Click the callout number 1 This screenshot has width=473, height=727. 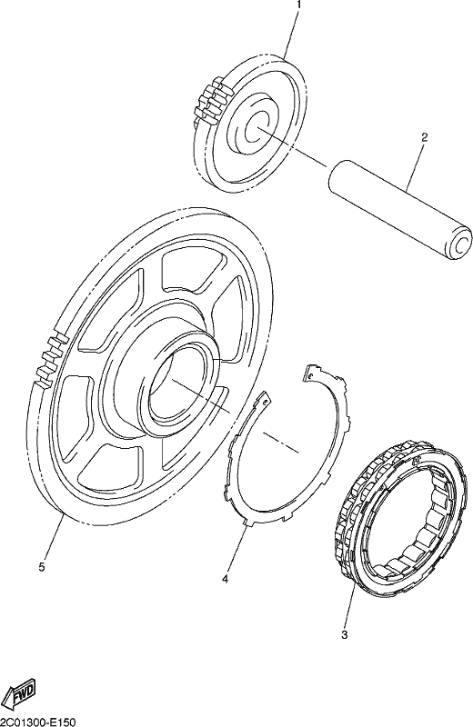tap(298, 5)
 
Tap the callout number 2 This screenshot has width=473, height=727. tap(424, 137)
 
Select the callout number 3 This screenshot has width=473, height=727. tap(344, 634)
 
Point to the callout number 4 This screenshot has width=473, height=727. tap(225, 579)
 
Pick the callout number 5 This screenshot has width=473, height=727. tap(42, 567)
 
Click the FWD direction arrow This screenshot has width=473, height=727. tap(22, 694)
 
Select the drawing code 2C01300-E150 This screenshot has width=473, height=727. tap(37, 722)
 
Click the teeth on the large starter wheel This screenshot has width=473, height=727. tap(50, 357)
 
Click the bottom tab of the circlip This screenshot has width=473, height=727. tap(246, 521)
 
